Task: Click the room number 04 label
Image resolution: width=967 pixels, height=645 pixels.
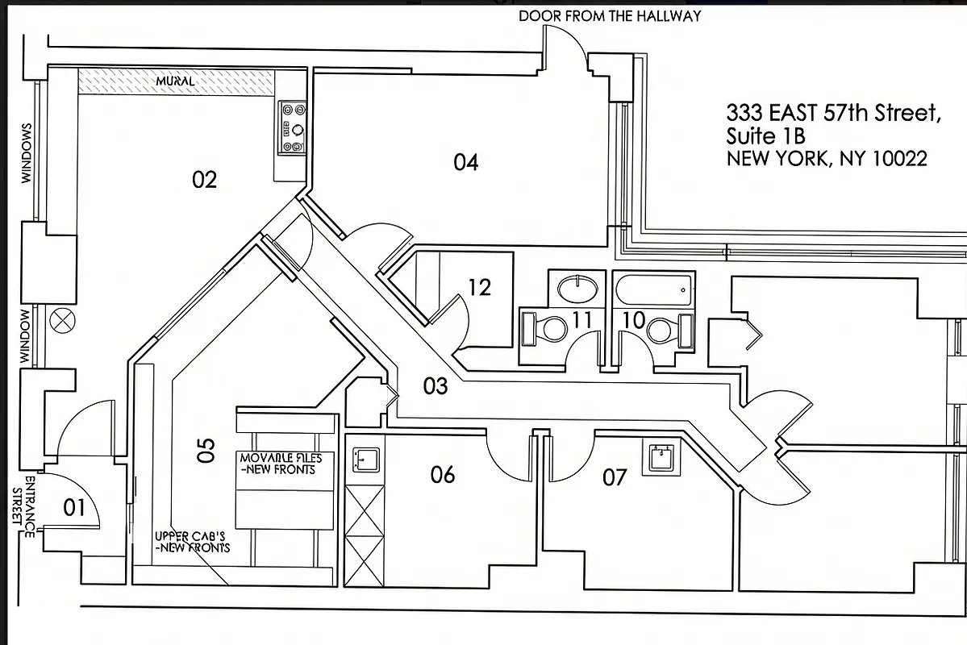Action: tap(465, 163)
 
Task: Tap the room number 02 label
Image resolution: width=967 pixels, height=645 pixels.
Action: tap(204, 179)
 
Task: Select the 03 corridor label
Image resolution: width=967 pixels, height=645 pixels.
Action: tap(436, 386)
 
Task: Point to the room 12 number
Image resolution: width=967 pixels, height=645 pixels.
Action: tap(479, 287)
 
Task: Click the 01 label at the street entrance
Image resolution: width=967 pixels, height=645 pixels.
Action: tap(74, 508)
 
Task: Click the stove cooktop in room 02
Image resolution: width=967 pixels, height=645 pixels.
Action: tap(292, 127)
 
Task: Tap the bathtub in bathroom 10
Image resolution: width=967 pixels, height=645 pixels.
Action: tap(653, 289)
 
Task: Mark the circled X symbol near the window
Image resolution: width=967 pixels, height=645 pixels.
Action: tap(60, 320)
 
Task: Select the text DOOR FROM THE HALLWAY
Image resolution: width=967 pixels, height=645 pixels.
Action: tap(609, 15)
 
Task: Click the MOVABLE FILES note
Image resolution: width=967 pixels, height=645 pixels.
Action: tap(281, 464)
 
